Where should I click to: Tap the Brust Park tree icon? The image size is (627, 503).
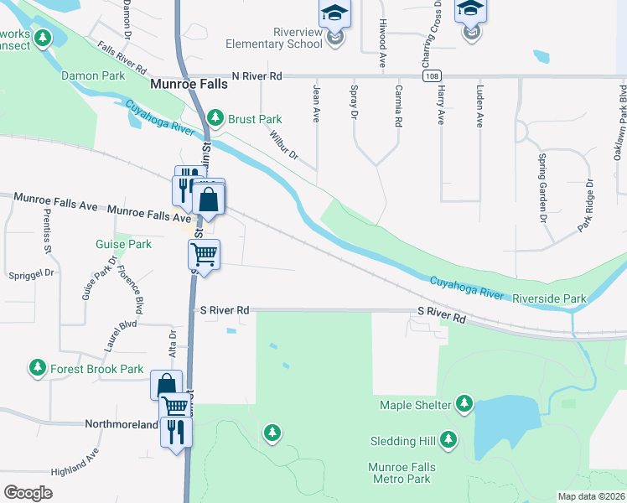click(x=216, y=118)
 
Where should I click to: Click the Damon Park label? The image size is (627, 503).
click(x=93, y=75)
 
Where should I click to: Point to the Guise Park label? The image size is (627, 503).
click(x=124, y=245)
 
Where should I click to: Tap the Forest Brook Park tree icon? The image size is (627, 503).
click(x=37, y=368)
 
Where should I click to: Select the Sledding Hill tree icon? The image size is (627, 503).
click(x=448, y=439)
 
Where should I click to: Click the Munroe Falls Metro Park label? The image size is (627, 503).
click(x=400, y=473)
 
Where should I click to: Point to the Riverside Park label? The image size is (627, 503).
click(x=549, y=298)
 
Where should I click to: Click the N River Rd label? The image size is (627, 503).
click(x=259, y=76)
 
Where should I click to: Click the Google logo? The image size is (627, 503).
click(x=28, y=492)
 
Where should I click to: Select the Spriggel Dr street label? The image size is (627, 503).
click(x=30, y=273)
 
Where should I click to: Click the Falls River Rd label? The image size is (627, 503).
click(x=122, y=57)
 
